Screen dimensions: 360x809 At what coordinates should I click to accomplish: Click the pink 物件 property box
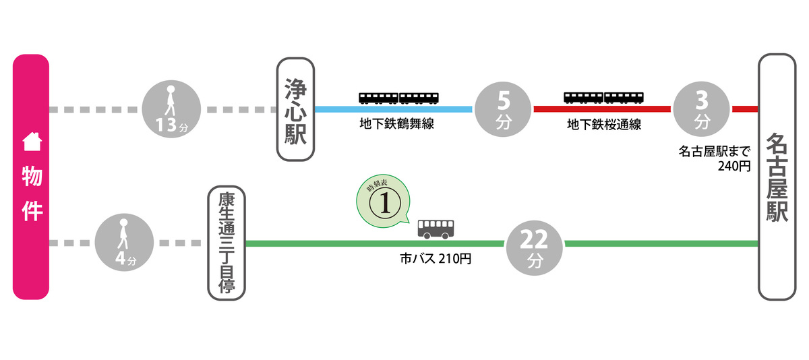click(31, 177)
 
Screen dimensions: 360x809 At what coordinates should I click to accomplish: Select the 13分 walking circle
click(172, 109)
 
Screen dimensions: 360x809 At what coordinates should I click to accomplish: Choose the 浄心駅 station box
click(295, 109)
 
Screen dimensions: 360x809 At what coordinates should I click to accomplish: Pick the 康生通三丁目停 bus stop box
click(227, 243)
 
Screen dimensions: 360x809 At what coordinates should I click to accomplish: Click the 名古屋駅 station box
click(777, 177)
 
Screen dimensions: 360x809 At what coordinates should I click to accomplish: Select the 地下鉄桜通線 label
click(604, 125)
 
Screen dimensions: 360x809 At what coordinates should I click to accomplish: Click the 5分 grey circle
click(504, 109)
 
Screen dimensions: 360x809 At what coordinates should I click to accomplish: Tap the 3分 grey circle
click(702, 109)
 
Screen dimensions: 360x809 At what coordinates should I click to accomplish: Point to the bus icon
click(436, 229)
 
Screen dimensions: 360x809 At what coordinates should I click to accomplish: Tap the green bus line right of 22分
click(661, 243)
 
